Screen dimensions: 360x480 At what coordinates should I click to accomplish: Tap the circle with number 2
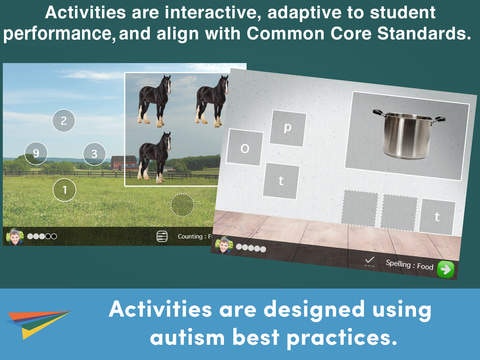[63, 120]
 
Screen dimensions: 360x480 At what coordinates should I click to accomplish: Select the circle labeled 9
[37, 153]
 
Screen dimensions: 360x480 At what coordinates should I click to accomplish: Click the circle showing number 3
[93, 153]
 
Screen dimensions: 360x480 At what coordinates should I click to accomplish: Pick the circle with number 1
[64, 189]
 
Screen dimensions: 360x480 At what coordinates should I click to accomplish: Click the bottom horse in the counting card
[153, 158]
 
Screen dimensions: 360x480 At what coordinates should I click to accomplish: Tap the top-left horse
[154, 99]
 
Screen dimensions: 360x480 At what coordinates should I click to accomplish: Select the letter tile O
[244, 147]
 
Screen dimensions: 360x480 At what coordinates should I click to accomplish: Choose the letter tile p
[288, 128]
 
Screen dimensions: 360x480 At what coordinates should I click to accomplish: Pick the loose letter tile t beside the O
[281, 180]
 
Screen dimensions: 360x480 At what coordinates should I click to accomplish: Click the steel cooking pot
[408, 132]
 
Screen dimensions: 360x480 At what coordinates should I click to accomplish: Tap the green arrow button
[444, 268]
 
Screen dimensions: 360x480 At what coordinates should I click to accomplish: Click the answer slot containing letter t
[436, 216]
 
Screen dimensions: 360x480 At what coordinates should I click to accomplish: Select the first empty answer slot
[359, 208]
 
